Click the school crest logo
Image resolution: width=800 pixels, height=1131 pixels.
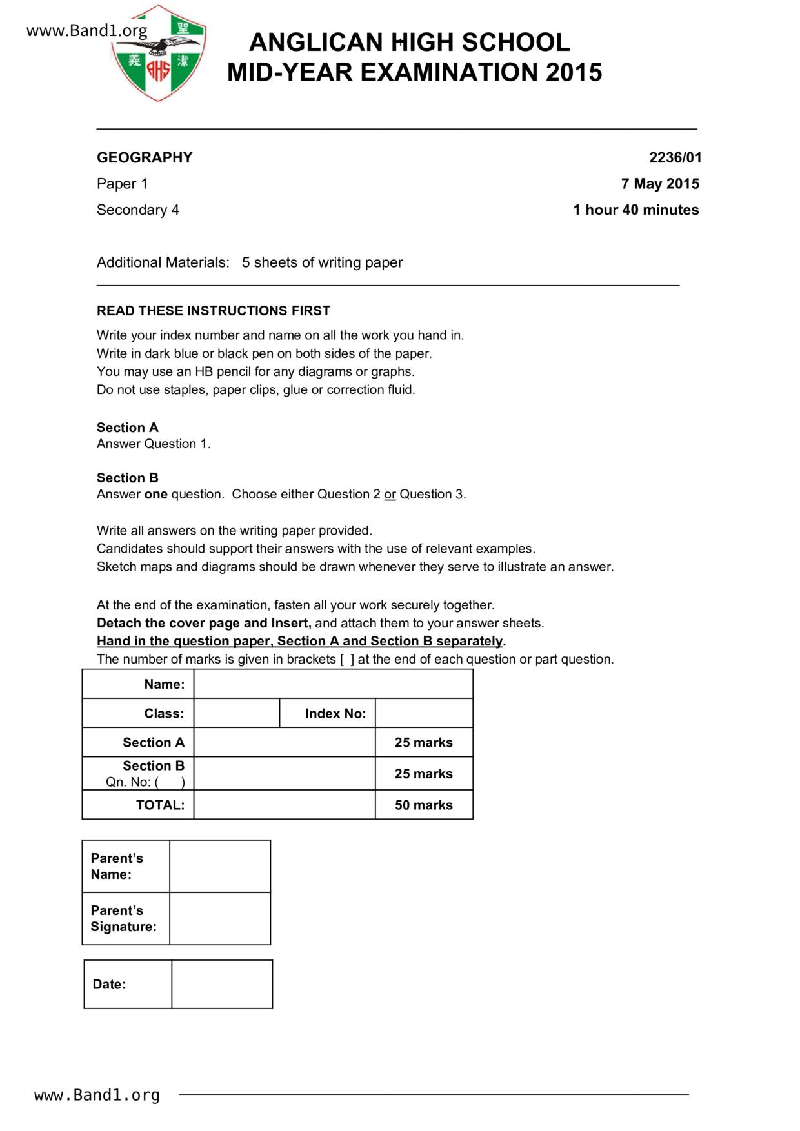[159, 53]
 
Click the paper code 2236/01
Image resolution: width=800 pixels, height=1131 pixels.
[675, 157]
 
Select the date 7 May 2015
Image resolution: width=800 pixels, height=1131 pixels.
[659, 184]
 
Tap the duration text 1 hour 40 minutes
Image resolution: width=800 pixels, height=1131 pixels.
[635, 210]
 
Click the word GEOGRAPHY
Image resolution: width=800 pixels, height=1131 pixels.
[145, 157]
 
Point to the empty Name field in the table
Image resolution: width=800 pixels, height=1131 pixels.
[333, 684]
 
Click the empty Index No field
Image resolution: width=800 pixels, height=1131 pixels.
[424, 713]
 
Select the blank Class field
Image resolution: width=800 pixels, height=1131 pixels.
[237, 713]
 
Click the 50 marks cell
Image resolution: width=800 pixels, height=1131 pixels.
[424, 805]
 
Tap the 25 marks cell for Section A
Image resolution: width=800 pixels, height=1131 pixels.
[424, 742]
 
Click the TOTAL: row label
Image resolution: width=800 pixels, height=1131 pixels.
[160, 805]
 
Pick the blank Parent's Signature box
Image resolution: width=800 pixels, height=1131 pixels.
[220, 919]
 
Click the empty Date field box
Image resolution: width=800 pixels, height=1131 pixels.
[222, 984]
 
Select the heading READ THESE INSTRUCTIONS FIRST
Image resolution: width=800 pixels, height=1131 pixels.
[214, 311]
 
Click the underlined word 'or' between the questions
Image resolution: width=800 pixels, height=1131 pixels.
[390, 494]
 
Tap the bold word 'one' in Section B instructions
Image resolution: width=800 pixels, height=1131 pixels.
[155, 494]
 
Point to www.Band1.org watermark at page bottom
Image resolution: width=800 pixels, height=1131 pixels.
[97, 1095]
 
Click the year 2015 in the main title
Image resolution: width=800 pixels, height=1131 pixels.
[574, 72]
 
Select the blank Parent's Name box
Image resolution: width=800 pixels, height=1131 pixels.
[220, 867]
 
